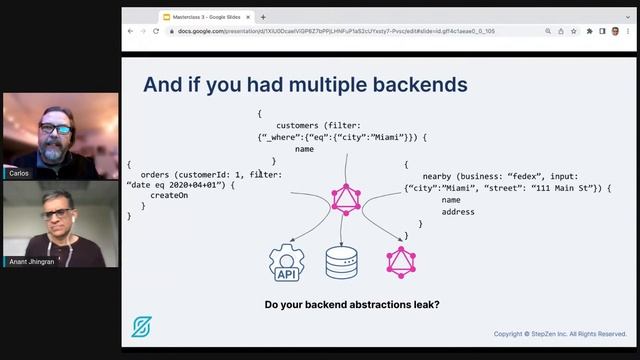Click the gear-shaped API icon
coord(286,262)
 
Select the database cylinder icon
coord(342,262)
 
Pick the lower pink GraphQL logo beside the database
coord(401,262)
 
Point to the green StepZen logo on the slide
coord(142,327)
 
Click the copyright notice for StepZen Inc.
coord(560,334)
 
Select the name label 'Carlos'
coord(18,173)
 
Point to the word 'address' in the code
coord(458,211)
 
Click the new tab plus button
coord(263,17)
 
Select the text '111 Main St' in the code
coord(566,187)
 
